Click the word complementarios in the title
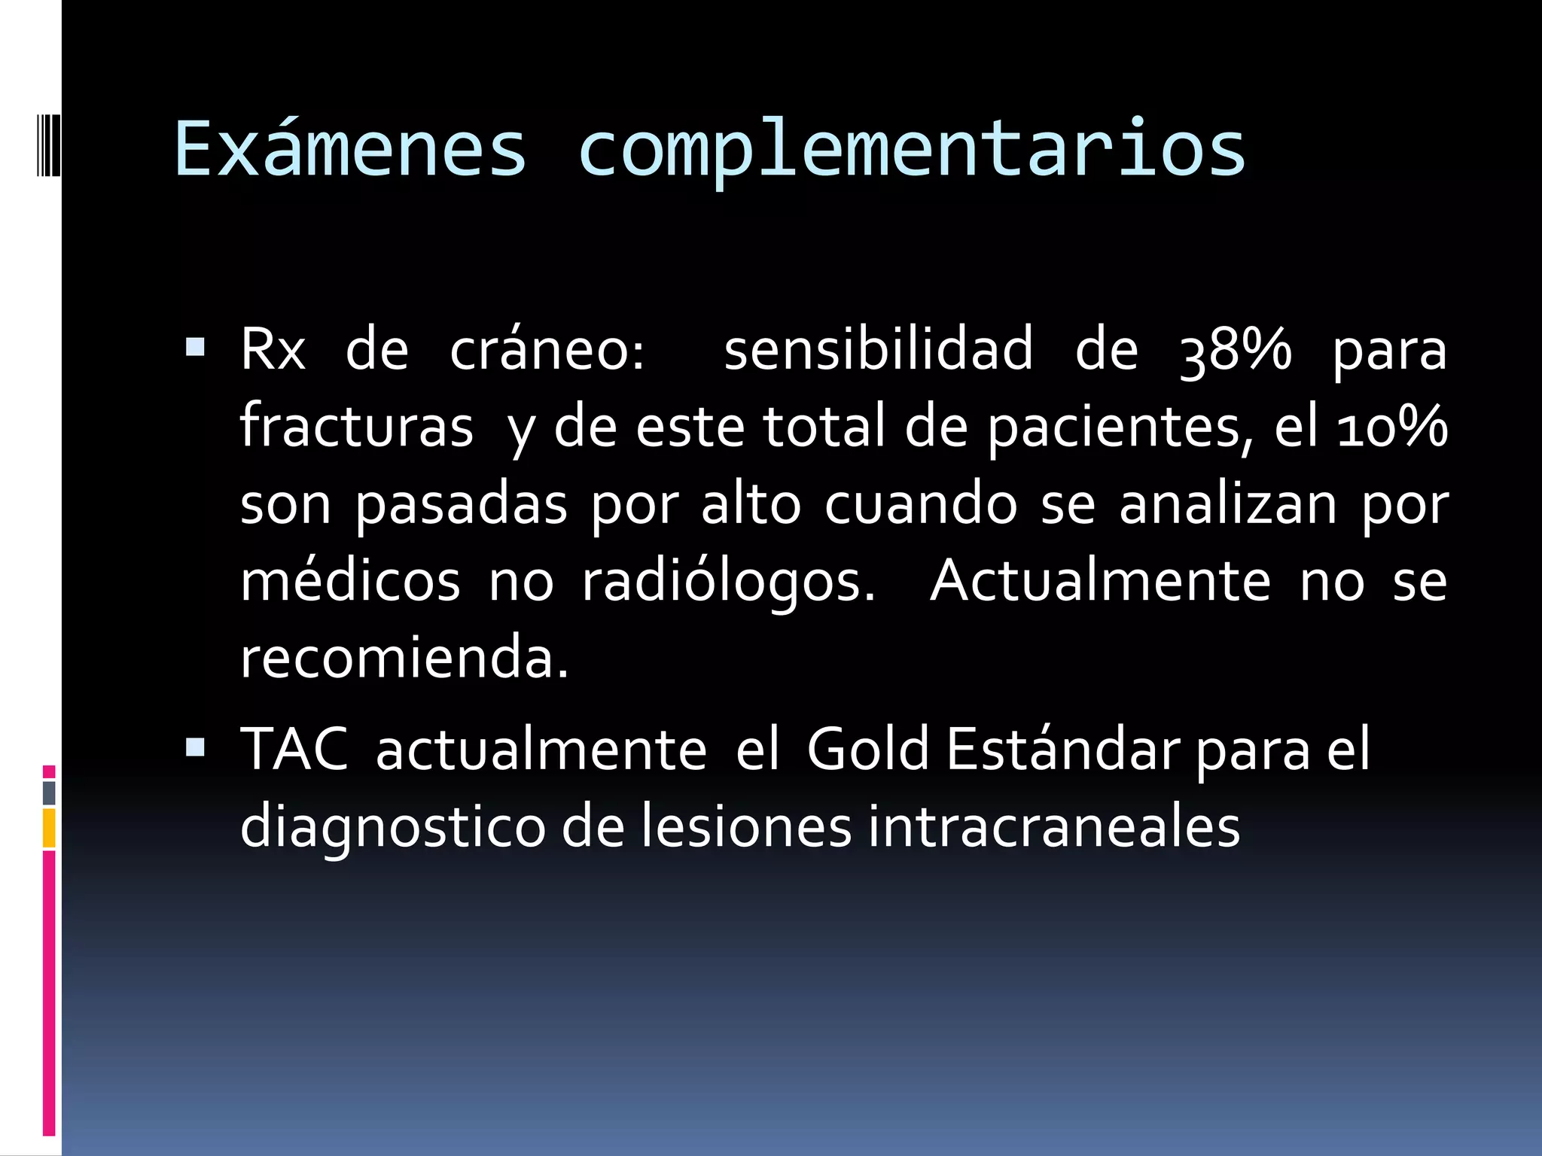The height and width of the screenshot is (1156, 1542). coord(911,151)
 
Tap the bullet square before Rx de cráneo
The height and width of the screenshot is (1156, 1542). coord(195,347)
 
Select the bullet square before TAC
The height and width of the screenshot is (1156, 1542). coord(195,747)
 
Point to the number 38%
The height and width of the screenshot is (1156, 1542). coord(1236,350)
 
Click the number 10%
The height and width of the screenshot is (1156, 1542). coord(1391,427)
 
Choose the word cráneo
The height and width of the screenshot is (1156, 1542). coord(547,350)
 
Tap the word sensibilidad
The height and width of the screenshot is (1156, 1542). coord(878,350)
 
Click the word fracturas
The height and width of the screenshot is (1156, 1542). coord(356,427)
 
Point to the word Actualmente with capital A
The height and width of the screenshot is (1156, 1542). coord(1101,581)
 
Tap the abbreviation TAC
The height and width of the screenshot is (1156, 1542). coord(294,750)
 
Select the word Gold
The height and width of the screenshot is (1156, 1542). coord(867,750)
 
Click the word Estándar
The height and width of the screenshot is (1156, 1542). coord(1064,750)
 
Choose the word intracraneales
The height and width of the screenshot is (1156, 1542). coord(1054,826)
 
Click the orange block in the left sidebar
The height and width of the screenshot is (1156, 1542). coord(49,828)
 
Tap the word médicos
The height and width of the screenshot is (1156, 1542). coord(350,581)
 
